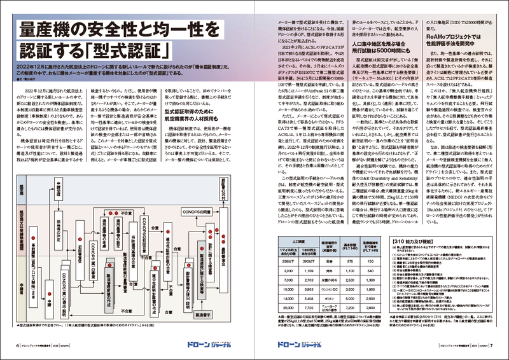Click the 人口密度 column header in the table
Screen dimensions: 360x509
pos(297,240)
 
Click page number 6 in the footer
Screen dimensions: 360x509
pos(17,345)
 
